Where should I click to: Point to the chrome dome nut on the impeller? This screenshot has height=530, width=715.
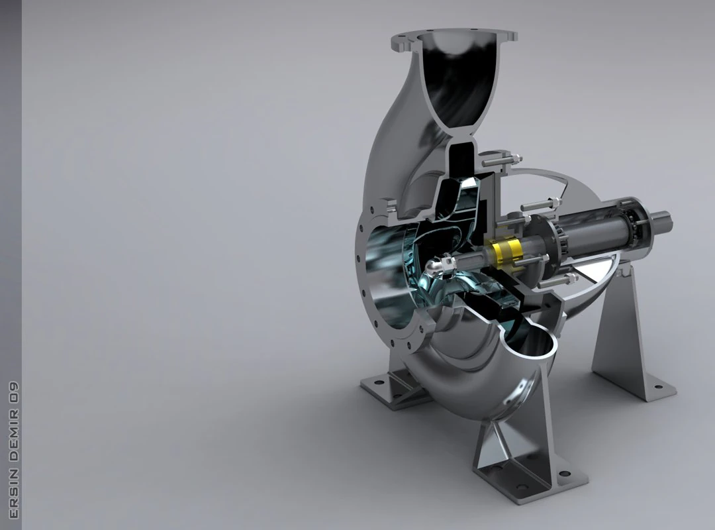pos(434,268)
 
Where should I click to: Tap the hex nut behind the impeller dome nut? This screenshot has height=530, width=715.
pos(451,266)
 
